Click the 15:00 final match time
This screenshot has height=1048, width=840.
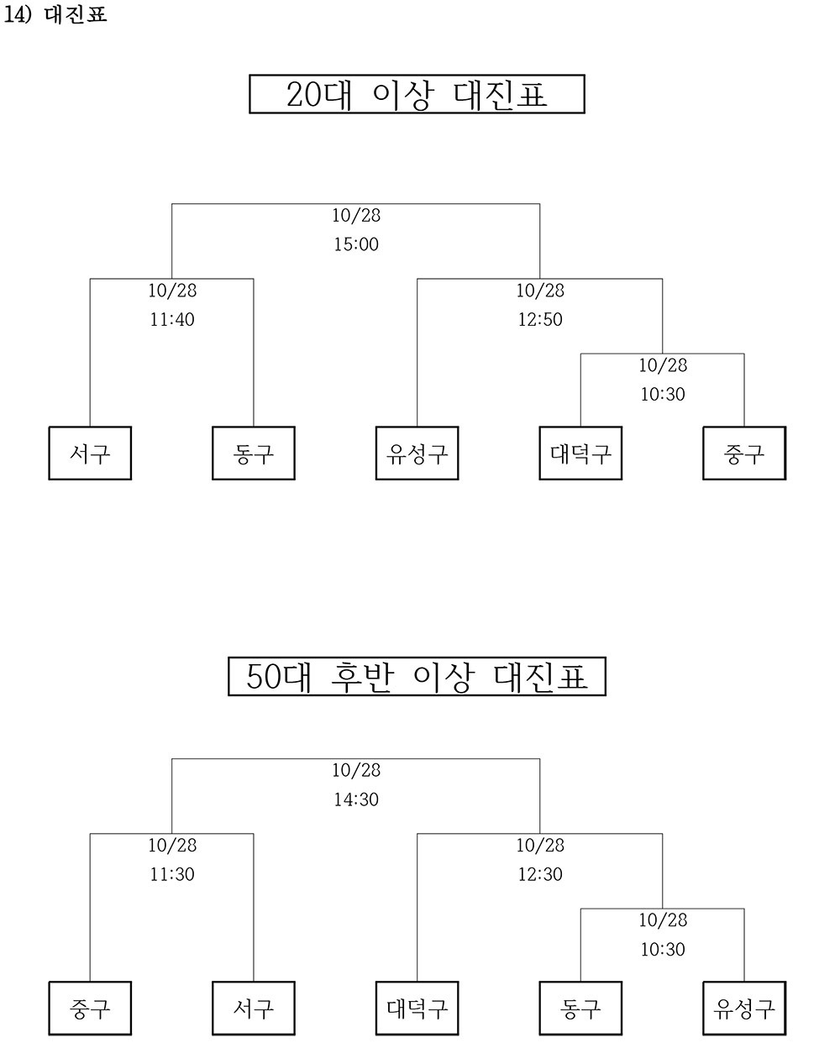(356, 244)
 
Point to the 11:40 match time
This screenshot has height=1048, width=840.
(172, 319)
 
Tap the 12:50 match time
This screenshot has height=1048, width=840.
(540, 319)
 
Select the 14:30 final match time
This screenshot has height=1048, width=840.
(356, 799)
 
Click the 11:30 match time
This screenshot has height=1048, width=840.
(172, 874)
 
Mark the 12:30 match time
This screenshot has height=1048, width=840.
(540, 874)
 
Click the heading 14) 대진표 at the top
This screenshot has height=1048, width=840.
(55, 14)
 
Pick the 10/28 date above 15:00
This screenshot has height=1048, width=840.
(356, 215)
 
